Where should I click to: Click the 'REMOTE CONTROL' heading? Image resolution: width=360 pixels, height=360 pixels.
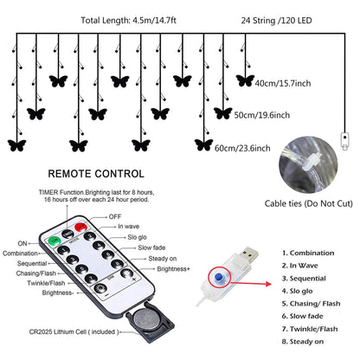coord(96,174)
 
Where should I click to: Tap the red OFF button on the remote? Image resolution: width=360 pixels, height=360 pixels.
coord(81,227)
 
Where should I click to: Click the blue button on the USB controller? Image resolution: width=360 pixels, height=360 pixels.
coord(219,278)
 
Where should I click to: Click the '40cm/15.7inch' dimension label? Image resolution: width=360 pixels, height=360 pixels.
coord(283,83)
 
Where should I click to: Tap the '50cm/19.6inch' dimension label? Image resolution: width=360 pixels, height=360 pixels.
coord(262,115)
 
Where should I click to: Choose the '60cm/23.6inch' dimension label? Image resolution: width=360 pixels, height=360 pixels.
coord(242,148)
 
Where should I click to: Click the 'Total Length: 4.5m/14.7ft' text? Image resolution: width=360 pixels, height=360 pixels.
coord(129,21)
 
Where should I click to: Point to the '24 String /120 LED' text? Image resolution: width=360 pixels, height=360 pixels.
coord(277,21)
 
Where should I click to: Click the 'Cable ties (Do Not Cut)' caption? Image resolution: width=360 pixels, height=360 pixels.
coord(309,203)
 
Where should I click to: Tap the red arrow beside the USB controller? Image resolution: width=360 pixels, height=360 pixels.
coord(252,284)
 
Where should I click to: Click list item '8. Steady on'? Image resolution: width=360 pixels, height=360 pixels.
coord(303,342)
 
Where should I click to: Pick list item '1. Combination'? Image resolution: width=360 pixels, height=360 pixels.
coord(308,253)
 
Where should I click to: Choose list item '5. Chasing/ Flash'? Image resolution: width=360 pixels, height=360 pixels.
coord(312,304)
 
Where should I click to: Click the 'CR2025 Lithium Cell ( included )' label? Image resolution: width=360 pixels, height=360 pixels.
coord(74,332)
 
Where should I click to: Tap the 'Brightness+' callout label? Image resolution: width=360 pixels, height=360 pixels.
coord(174,269)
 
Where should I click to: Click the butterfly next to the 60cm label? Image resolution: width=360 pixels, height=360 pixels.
coord(203,145)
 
